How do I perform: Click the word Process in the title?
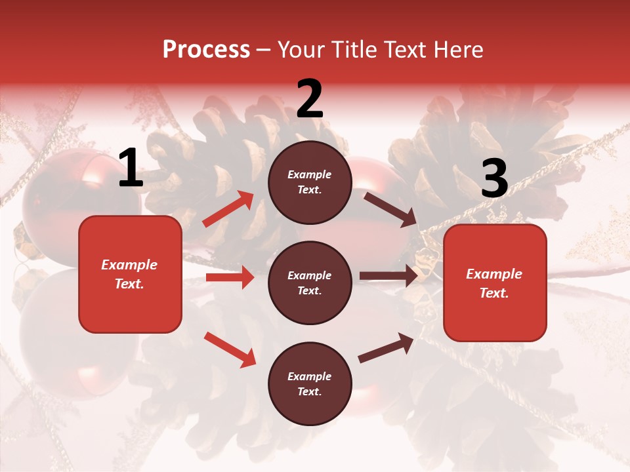tap(206, 50)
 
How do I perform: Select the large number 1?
tap(131, 169)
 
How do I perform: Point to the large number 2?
tap(310, 100)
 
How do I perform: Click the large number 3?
tap(494, 180)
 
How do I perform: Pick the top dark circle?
tap(310, 182)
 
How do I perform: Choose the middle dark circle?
tap(310, 283)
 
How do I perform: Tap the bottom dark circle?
tap(310, 384)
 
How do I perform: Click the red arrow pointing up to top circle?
tap(228, 209)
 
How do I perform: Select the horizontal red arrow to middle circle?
tap(230, 277)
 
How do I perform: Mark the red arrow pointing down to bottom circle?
tap(230, 349)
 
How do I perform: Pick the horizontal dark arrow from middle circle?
tap(388, 276)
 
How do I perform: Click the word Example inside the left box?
tap(129, 265)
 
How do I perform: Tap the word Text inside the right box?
tap(494, 293)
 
